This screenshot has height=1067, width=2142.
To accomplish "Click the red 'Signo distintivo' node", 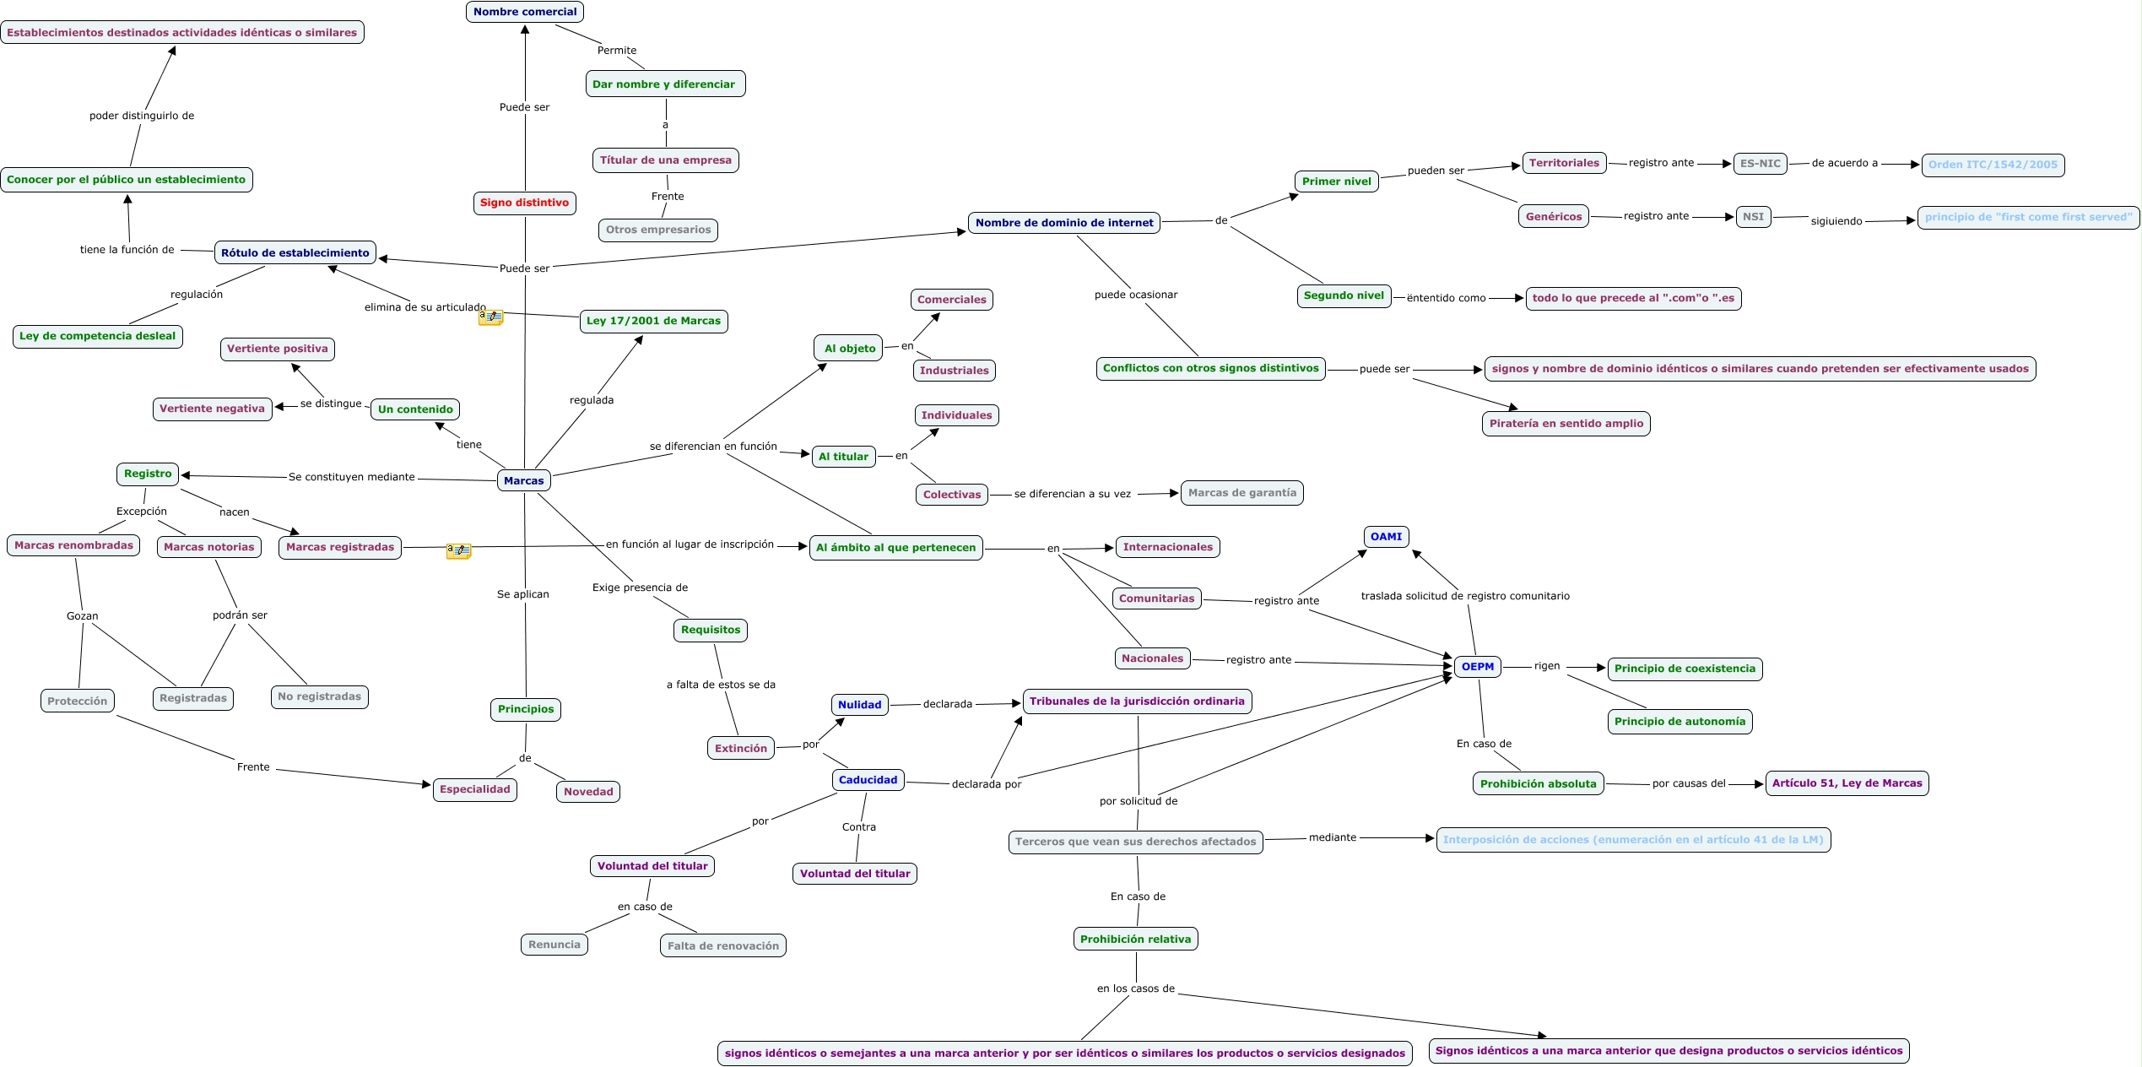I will pos(524,203).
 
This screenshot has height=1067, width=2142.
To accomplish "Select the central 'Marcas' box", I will pos(524,480).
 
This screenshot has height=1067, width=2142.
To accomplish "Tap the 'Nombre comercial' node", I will pos(525,12).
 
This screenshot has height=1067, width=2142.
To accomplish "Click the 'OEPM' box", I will pos(1478,667).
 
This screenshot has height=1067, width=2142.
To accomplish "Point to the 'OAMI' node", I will pos(1386,537).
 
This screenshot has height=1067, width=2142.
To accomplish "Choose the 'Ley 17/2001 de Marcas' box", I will pos(653,321).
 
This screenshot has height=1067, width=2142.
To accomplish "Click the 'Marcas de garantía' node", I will pos(1241,493).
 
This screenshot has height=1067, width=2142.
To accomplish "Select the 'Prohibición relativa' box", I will pos(1135,939).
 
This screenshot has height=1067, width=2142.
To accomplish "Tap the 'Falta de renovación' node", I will pos(722,945).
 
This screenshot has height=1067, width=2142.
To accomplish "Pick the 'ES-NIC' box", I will pos(1760,164).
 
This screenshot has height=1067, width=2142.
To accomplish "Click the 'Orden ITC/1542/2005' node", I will pos(1993,165).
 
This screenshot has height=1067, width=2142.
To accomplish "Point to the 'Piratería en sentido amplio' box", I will pos(1566,424).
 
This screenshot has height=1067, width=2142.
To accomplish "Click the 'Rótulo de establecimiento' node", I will pos(295,252).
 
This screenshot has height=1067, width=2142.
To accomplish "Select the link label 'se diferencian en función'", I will pos(713,447).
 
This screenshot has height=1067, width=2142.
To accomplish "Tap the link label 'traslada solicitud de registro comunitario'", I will pos(1465,596).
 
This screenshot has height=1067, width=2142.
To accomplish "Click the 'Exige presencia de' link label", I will pos(640,588).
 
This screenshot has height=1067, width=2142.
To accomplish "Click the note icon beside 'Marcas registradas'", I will pos(458,550).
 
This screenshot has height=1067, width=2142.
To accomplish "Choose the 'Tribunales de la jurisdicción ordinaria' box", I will pos(1137,701).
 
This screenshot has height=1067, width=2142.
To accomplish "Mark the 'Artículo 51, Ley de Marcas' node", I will pos(1847,783).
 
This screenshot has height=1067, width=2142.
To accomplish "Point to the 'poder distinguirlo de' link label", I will pos(142,116).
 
